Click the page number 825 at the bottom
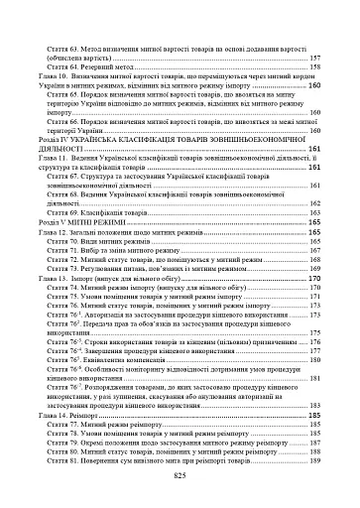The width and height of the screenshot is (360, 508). point(180,477)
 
